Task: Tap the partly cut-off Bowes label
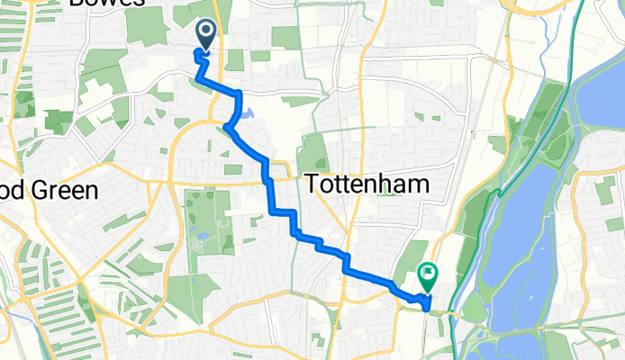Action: pyautogui.click(x=106, y=3)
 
